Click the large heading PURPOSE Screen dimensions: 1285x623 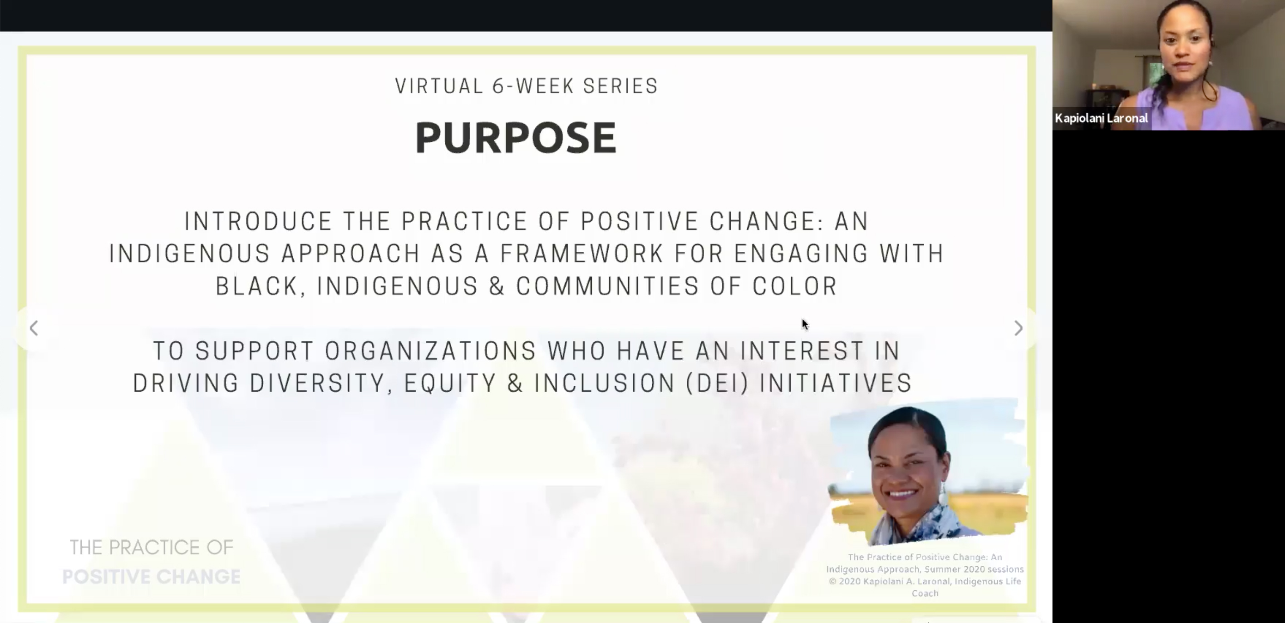(x=516, y=138)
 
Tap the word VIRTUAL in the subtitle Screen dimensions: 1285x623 (x=439, y=86)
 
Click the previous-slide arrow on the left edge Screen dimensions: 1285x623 (x=34, y=328)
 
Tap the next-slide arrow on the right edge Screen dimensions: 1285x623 (x=1019, y=328)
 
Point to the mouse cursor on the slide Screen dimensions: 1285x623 (x=805, y=324)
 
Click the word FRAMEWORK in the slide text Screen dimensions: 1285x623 (x=581, y=254)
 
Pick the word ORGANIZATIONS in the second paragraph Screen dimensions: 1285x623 (x=430, y=351)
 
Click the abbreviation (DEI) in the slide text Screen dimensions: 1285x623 (x=717, y=384)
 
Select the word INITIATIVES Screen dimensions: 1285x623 (x=836, y=384)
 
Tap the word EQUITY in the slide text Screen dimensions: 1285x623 (x=449, y=384)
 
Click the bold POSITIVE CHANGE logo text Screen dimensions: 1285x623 (x=151, y=577)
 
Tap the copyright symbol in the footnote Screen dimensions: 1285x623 (x=832, y=582)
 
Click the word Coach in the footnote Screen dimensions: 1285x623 (x=925, y=593)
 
